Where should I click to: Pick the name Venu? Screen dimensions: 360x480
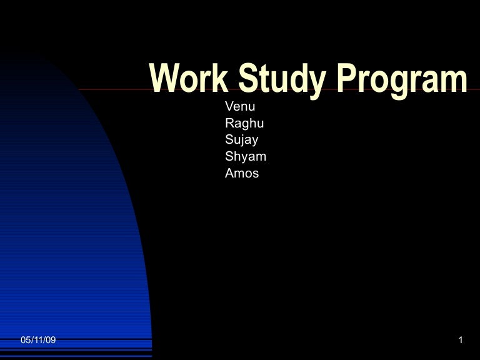[240, 105]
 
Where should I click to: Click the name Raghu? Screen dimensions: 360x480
[244, 123]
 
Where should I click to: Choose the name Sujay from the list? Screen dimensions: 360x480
[242, 140]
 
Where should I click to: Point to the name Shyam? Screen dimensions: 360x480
[246, 157]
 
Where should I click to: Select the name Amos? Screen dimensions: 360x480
[242, 173]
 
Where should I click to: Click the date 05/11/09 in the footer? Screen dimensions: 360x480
[38, 340]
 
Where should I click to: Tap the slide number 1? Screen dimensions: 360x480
[460, 340]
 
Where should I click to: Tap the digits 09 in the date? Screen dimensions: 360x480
[51, 340]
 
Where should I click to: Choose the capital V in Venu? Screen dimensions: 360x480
[229, 105]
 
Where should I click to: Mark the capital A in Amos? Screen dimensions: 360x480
[229, 173]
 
